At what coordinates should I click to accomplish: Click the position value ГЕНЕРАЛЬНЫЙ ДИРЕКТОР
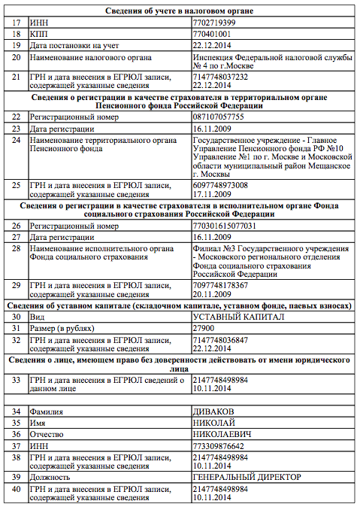pyautogui.click(x=247, y=477)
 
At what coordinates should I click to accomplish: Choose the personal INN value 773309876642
pyautogui.click(x=218, y=445)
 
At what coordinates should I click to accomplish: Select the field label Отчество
pyautogui.click(x=49, y=434)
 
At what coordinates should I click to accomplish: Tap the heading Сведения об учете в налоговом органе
pyautogui.click(x=180, y=11)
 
